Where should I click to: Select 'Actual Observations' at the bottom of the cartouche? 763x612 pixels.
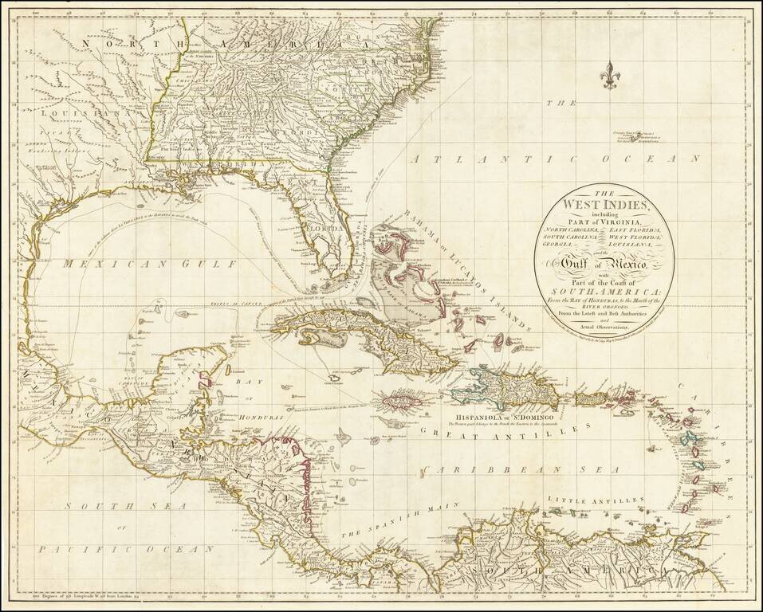[x=604, y=327]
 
